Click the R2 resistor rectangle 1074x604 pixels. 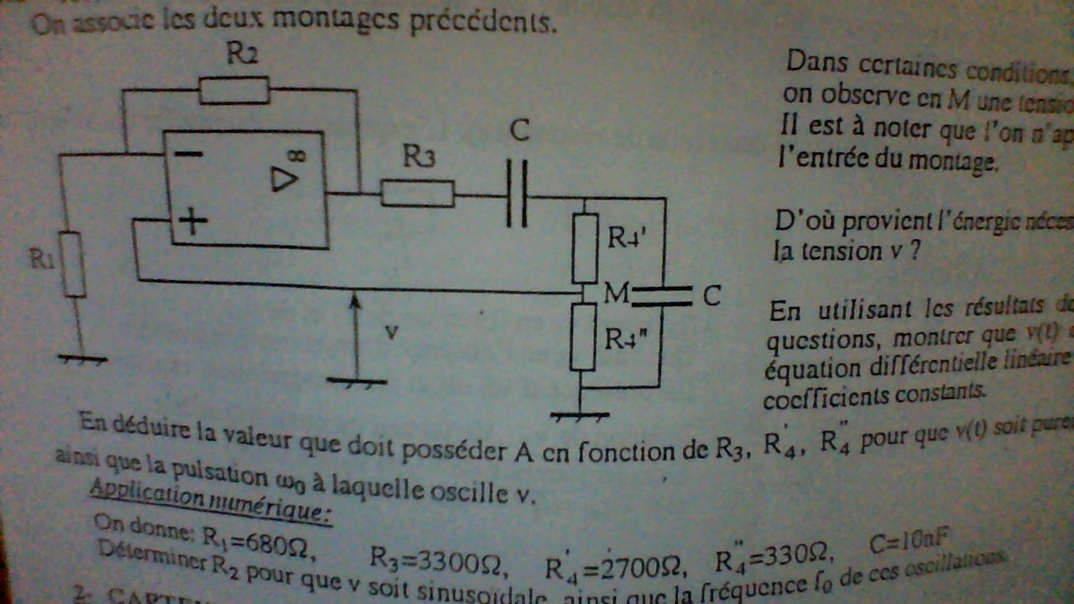tap(234, 90)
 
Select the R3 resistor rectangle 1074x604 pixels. tap(417, 194)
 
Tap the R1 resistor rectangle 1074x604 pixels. tap(75, 264)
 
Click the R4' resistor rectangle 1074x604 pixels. tap(584, 248)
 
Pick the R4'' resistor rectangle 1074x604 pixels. tap(583, 336)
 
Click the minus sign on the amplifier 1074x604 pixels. tap(190, 154)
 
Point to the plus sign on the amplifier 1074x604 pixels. tap(192, 221)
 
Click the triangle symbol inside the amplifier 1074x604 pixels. tap(284, 180)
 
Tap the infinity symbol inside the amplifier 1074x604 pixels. tap(300, 155)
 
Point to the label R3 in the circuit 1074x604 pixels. tap(419, 156)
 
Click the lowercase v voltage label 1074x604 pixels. tap(390, 331)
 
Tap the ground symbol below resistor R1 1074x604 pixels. tap(82, 358)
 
